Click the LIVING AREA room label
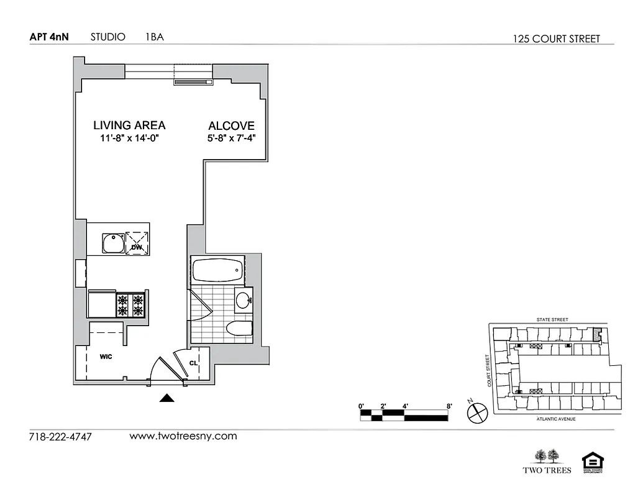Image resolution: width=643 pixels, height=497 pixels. pos(129,125)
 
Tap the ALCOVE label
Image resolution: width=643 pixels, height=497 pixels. pos(231,125)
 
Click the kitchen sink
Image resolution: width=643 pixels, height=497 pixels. pos(113,242)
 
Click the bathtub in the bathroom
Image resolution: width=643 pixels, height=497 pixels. pos(217,270)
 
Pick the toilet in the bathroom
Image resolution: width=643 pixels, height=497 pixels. pos(238,329)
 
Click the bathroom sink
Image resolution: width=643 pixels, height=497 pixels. pos(244,300)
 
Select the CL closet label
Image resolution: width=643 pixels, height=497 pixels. pos(193,364)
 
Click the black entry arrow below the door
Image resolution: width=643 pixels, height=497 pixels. pos(166,398)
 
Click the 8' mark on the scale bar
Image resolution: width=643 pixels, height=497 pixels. pos(448,406)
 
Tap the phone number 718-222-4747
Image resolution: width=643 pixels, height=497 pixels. pos(60,437)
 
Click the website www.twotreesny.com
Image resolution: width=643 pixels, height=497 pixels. pos(183,436)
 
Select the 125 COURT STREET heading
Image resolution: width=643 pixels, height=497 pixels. pos(556,39)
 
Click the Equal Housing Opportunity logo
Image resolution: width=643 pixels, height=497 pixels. pos(592,463)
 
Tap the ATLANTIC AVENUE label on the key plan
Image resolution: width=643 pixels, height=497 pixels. pos(555,419)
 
